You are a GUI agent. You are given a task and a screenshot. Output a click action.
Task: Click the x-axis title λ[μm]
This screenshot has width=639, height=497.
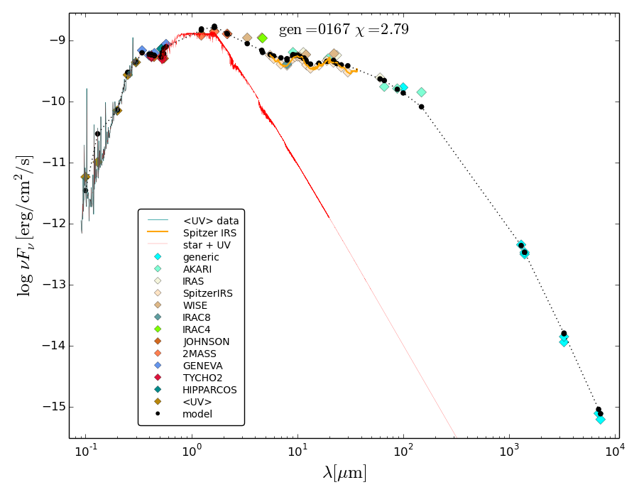[344, 473]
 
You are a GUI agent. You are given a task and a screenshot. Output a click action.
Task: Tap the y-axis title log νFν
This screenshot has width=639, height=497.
[26, 225]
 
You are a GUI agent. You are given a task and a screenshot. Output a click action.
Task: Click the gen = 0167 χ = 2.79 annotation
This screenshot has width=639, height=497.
[344, 30]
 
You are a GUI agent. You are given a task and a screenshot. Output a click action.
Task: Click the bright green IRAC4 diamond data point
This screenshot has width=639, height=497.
[262, 38]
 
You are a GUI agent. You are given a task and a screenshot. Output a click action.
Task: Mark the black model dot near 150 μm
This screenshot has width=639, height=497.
[421, 106]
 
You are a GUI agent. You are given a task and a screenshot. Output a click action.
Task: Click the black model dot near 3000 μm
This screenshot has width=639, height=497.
[564, 333]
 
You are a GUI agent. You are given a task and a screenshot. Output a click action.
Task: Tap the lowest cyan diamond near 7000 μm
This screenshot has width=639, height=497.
[601, 420]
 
